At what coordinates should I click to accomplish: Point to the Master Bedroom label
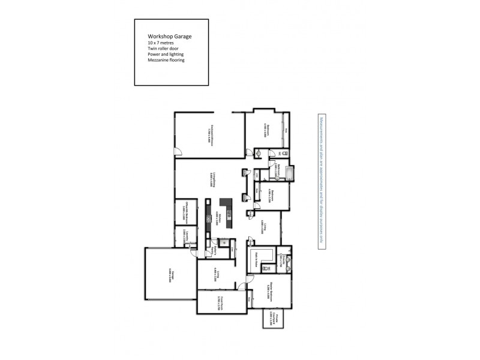(271, 292)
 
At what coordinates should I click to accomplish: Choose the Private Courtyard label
(272, 319)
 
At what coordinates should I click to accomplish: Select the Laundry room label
(188, 236)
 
